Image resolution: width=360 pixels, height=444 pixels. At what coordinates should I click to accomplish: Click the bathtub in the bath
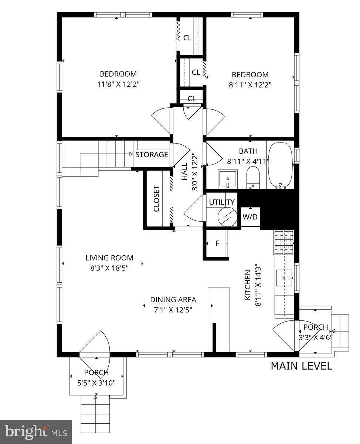[x=280, y=165]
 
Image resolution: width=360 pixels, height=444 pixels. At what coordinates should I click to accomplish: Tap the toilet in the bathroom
[x=254, y=177]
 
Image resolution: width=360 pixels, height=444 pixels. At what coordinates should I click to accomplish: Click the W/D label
[x=250, y=217]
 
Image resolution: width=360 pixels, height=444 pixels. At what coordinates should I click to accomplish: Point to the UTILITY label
[x=222, y=202]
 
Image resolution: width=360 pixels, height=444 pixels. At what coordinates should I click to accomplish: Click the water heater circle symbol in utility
[x=227, y=216]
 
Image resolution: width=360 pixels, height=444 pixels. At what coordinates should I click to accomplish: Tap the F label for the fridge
[x=217, y=243]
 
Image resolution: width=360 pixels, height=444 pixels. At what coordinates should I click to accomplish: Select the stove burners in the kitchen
[x=283, y=242]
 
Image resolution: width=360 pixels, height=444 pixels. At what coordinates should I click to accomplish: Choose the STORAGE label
[x=152, y=155]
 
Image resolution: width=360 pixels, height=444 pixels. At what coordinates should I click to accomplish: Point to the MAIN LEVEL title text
[x=302, y=366]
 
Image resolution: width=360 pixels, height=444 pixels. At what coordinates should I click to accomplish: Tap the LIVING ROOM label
[x=109, y=258]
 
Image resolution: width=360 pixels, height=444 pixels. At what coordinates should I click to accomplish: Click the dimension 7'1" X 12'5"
[x=173, y=310]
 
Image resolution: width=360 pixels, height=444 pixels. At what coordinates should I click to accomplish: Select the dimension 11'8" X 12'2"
[x=118, y=84]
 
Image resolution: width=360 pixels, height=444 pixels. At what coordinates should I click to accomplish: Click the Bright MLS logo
[x=36, y=432]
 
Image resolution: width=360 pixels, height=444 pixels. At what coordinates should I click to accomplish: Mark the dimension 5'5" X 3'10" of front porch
[x=96, y=383]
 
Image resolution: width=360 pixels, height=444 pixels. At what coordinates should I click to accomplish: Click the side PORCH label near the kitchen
[x=315, y=327]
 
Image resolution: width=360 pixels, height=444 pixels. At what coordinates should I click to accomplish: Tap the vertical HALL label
[x=184, y=173]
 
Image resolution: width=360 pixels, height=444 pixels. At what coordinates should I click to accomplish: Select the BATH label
[x=248, y=151]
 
